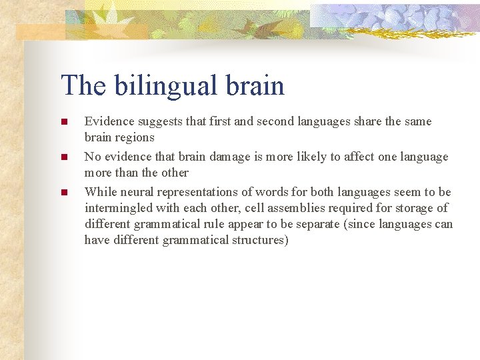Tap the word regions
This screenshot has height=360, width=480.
135,138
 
